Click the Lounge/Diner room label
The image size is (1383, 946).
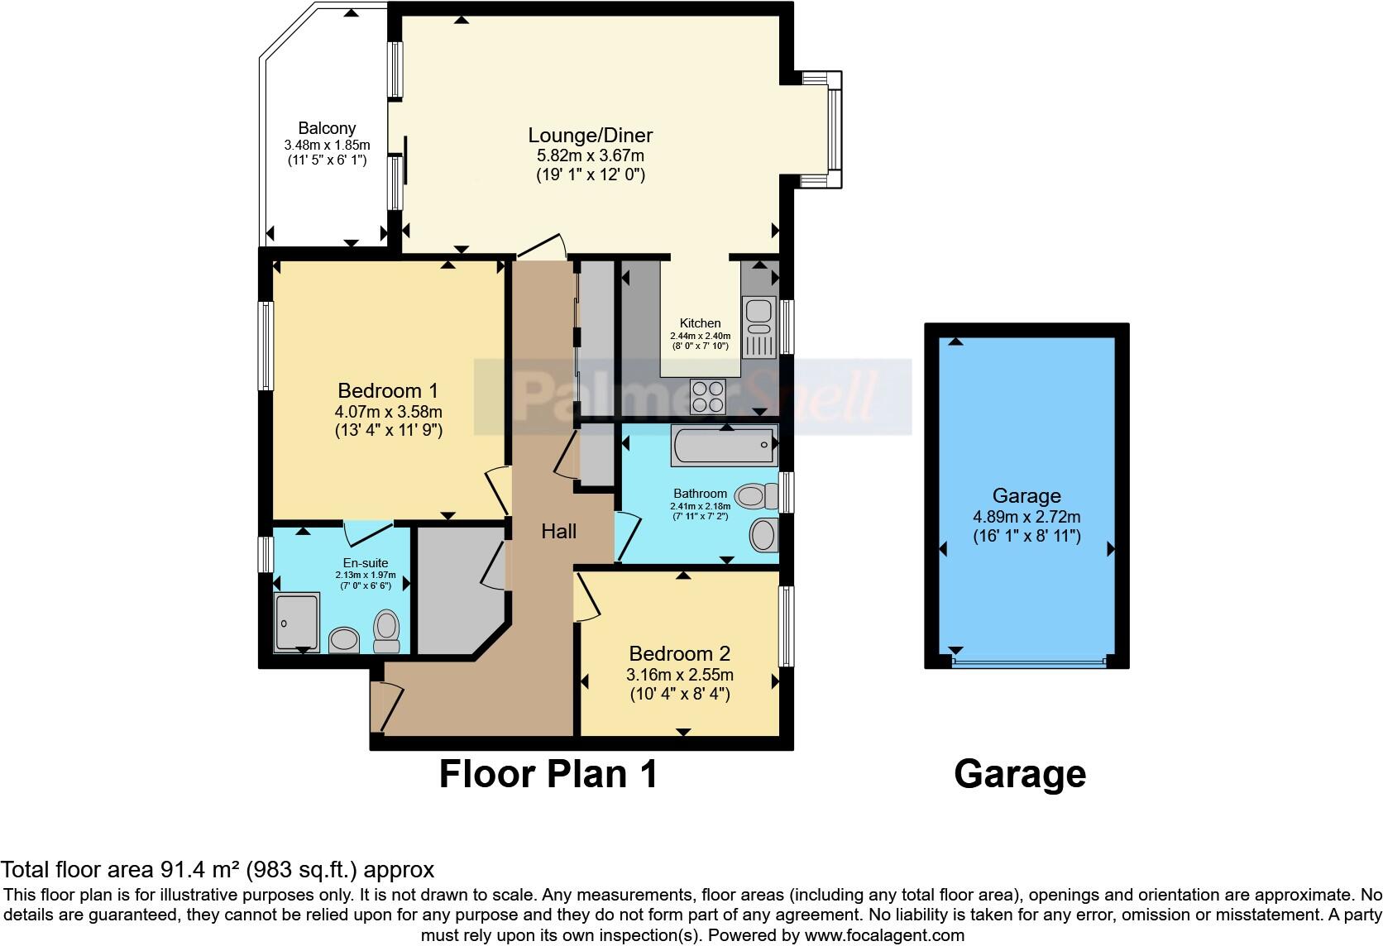point(591,135)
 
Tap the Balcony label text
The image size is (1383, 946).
point(327,128)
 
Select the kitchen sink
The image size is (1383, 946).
point(758,327)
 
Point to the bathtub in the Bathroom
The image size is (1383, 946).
point(725,446)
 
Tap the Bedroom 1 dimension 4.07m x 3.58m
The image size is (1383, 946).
point(388,411)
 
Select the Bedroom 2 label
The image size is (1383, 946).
point(679,653)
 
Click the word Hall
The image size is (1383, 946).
point(559,532)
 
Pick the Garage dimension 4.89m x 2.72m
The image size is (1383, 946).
point(1026,517)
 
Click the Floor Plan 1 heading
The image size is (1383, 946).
point(548,774)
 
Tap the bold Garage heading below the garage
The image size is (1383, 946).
point(1019,774)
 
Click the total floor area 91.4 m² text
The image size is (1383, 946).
point(217,870)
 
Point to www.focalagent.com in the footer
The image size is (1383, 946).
point(883,935)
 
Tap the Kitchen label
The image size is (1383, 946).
point(700,323)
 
